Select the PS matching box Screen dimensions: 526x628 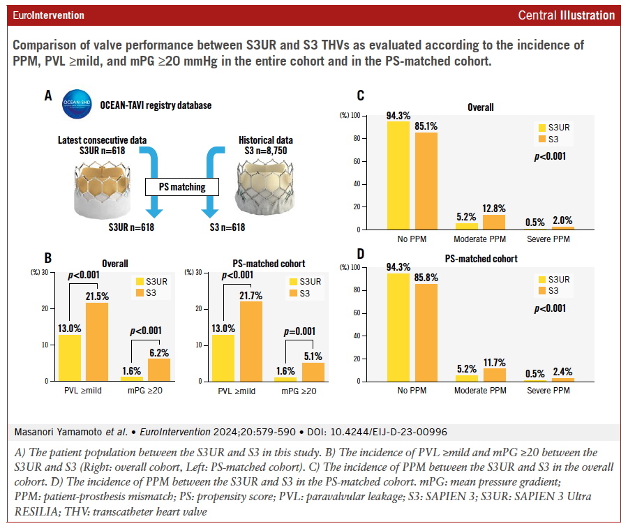click(x=182, y=187)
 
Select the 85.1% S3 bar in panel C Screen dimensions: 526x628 click(x=426, y=181)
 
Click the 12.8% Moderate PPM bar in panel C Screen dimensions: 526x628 click(x=494, y=222)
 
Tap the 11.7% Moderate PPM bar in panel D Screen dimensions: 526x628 click(x=494, y=375)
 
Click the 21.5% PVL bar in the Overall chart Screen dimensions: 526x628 click(x=97, y=342)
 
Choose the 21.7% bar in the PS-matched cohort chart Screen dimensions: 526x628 click(x=251, y=341)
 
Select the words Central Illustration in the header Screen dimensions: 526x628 click(x=567, y=15)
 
